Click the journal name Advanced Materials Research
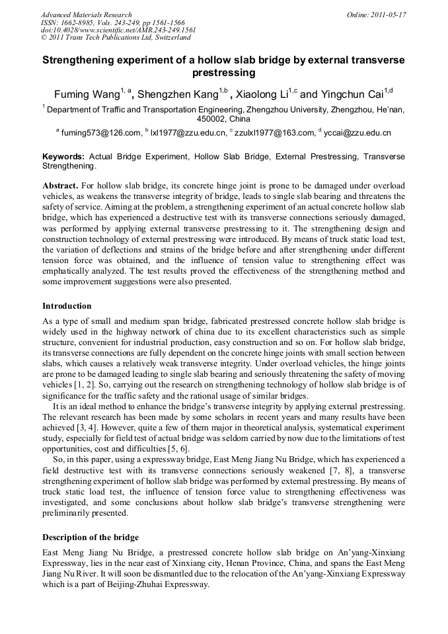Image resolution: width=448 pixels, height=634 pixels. pos(86,14)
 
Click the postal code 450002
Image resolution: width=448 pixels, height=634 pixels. pos(212,120)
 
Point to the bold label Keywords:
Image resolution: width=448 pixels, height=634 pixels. pos(63,157)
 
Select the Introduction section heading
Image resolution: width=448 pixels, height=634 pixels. pos(67,305)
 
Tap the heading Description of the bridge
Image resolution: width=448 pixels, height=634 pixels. pos(90,536)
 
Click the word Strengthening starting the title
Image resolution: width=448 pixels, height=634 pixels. pos(79,60)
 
